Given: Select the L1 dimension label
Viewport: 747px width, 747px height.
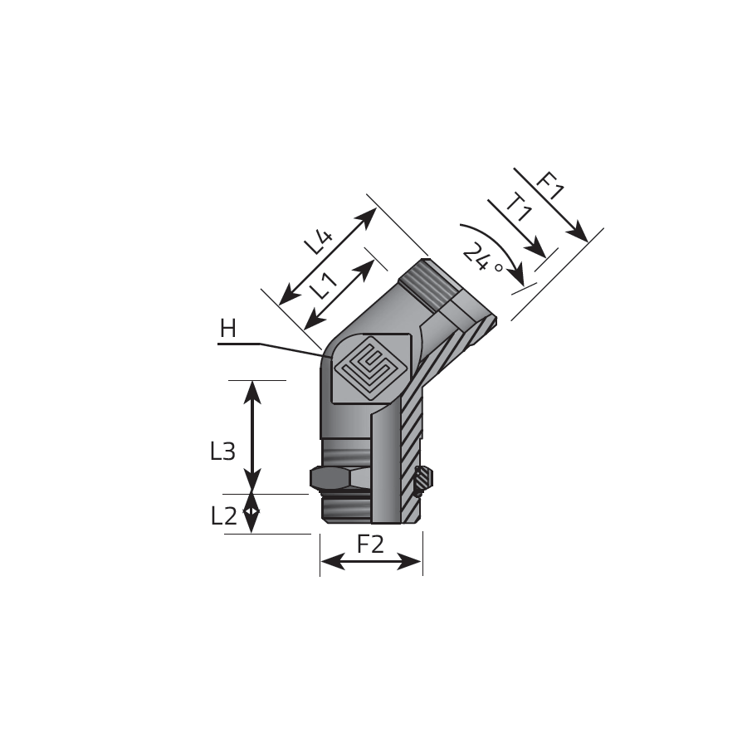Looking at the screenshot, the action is pyautogui.click(x=324, y=286).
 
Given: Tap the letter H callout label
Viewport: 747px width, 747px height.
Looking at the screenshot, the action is pyautogui.click(x=227, y=329).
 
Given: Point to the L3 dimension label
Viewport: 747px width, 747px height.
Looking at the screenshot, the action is pyautogui.click(x=222, y=451).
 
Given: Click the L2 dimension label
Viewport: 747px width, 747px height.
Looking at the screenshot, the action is pyautogui.click(x=223, y=515).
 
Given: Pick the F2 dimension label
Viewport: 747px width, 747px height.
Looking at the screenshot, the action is pyautogui.click(x=370, y=544).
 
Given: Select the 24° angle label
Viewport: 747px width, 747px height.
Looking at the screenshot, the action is pyautogui.click(x=481, y=259).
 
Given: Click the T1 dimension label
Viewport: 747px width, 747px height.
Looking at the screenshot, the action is pyautogui.click(x=520, y=208).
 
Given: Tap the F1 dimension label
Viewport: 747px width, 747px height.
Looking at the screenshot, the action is pyautogui.click(x=550, y=185).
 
